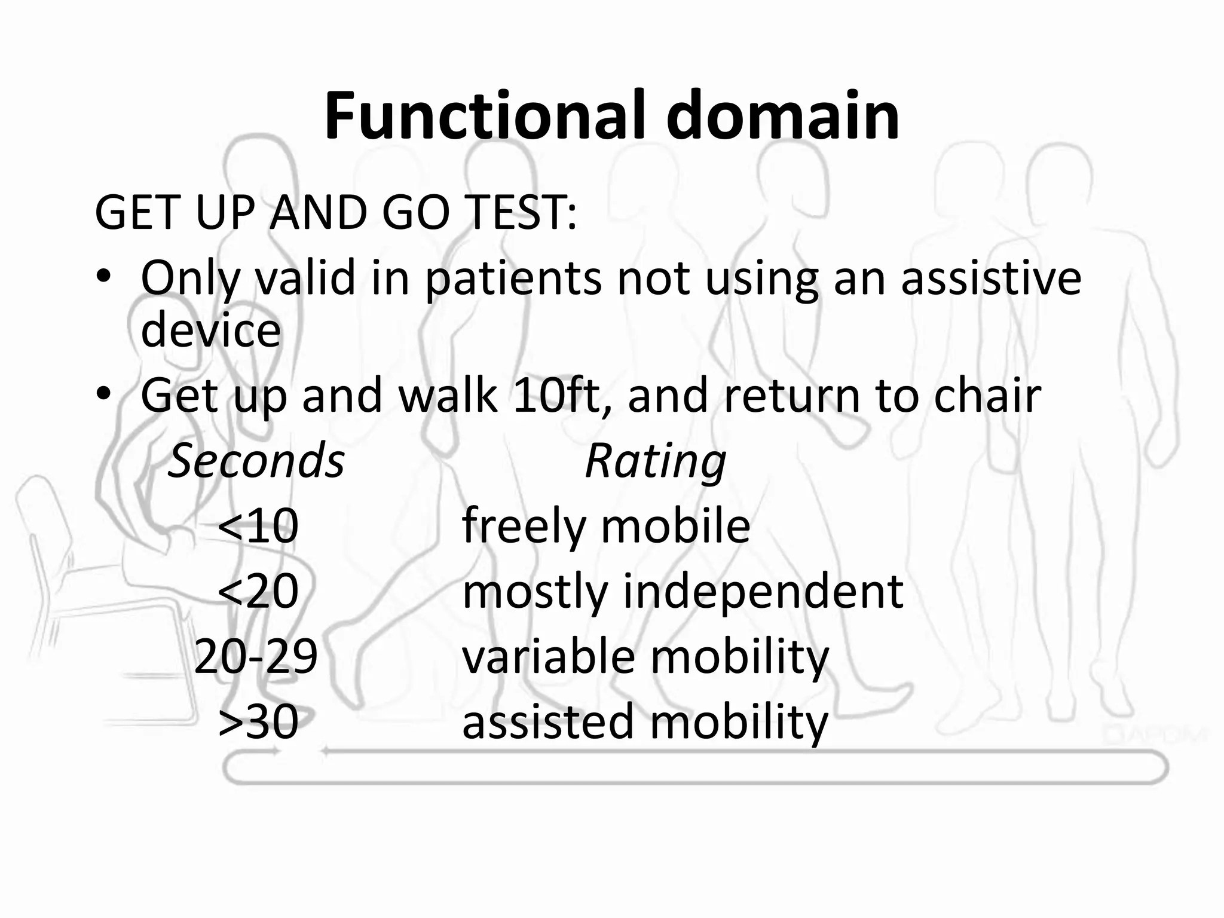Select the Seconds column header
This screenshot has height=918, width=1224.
tap(256, 461)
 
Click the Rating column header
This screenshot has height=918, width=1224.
tap(655, 461)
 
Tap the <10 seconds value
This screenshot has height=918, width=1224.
tap(258, 526)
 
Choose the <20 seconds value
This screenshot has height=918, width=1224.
tap(258, 591)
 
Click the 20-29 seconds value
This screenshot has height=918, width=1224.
tap(256, 656)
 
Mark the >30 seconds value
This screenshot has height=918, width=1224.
tap(258, 721)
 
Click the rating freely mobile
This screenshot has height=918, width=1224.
tap(605, 526)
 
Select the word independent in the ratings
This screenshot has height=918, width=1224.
tap(763, 591)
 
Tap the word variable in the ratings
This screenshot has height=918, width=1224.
tap(548, 656)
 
